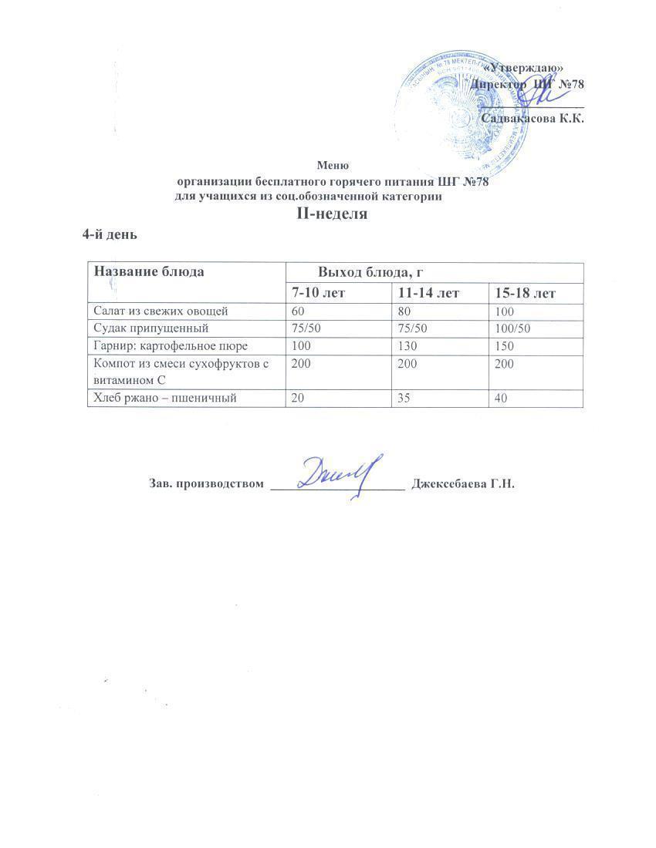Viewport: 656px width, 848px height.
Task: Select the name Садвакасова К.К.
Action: click(532, 119)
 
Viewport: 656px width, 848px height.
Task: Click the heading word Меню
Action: click(333, 165)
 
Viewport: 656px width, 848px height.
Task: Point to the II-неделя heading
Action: click(332, 214)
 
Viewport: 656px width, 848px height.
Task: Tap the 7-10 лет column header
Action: click(320, 294)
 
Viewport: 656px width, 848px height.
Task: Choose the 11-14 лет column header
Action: click(428, 294)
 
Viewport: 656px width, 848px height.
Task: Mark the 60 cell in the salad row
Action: click(298, 311)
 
